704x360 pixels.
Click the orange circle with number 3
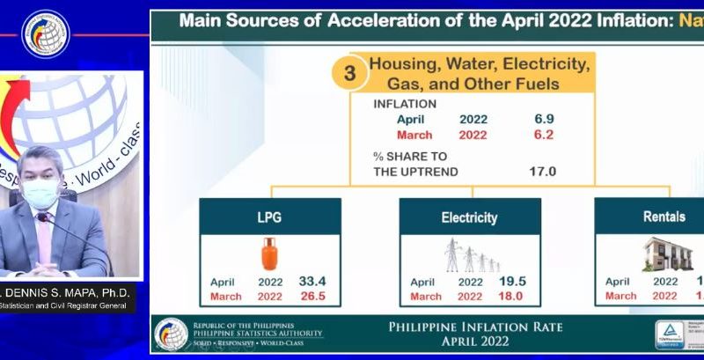[349, 73]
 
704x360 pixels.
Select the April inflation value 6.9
[543, 117]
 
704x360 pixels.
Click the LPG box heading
[270, 217]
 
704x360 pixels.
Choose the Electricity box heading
[469, 217]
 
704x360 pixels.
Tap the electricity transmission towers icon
[471, 255]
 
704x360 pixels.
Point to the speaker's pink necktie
[43, 239]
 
